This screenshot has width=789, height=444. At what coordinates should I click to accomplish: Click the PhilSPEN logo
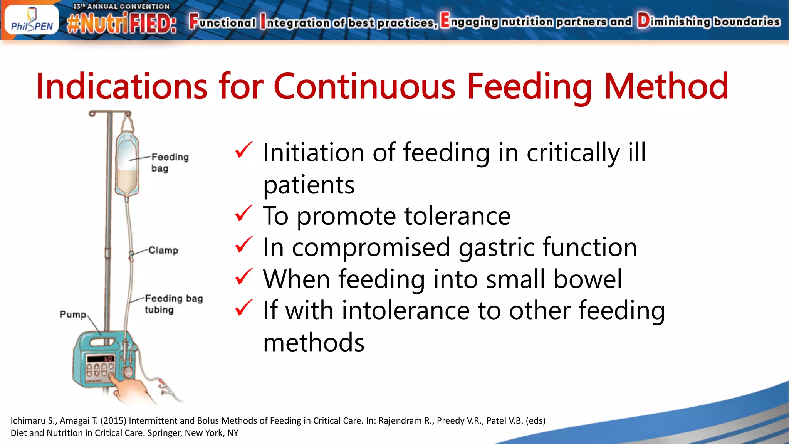tap(32, 20)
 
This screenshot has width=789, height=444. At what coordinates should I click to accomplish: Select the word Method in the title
tap(666, 86)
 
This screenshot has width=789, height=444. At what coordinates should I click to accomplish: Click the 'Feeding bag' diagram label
tap(170, 163)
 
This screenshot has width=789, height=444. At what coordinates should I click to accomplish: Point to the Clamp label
tap(163, 251)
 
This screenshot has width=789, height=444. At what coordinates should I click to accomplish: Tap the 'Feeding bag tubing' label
tap(173, 304)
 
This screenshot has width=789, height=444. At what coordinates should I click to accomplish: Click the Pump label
tap(73, 314)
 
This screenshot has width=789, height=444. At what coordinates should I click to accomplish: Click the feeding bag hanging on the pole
tap(127, 166)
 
